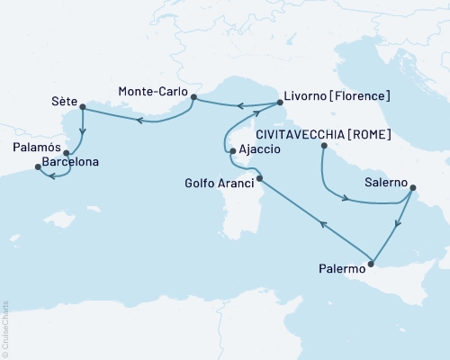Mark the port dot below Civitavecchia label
coord(322,144)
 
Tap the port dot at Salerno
coord(412,188)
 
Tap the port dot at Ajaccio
coord(232,151)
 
